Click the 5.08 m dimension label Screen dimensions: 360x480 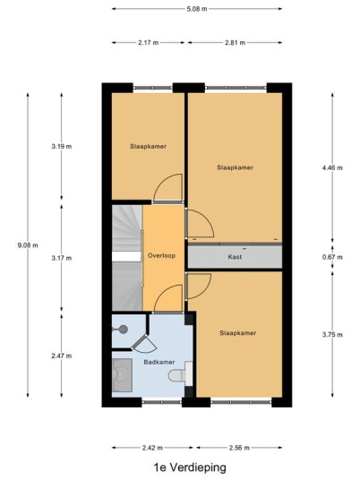197,9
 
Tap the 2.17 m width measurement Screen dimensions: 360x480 148,43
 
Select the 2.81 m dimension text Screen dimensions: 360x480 236,43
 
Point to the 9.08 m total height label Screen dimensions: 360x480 28,245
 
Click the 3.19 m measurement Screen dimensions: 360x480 62,146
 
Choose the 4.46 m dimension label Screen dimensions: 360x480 332,167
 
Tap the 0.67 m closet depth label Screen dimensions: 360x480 332,257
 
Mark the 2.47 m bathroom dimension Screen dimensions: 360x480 62,356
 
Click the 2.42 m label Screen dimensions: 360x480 152,448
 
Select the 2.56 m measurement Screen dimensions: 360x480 239,448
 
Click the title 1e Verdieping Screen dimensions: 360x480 190,467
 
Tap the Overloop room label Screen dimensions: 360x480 161,255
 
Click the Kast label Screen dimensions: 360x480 235,257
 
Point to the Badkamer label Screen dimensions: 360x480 159,362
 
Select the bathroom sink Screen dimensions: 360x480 122,375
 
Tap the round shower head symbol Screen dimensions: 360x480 123,330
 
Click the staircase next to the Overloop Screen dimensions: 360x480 127,258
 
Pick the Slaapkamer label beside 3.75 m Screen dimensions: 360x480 238,333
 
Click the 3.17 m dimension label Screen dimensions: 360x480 62,258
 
